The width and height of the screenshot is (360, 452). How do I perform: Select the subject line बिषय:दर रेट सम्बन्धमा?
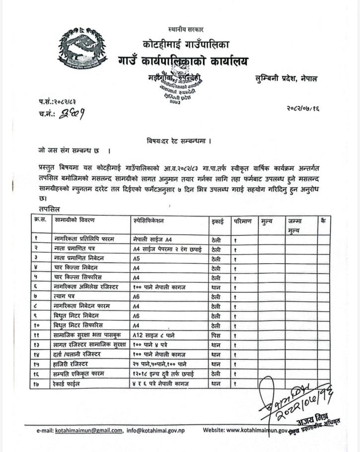tap(179, 141)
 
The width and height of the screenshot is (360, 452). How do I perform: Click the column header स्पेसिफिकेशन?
tap(148, 220)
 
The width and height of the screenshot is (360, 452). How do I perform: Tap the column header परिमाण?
tap(243, 221)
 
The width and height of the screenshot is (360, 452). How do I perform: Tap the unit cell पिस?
tap(216, 334)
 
